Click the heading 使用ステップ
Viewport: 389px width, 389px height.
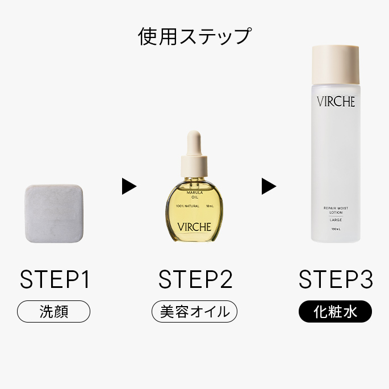[194, 36]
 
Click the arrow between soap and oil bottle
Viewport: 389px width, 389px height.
[129, 186]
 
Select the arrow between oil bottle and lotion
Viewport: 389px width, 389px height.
[269, 186]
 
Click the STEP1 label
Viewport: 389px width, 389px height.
[55, 279]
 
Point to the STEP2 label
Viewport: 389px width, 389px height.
[195, 279]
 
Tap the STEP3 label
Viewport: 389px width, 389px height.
[335, 279]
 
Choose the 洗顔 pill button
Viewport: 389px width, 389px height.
[55, 311]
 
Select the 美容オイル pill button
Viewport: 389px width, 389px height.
[194, 311]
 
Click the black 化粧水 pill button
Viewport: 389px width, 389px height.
[335, 311]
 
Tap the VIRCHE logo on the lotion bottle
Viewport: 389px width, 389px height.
[336, 102]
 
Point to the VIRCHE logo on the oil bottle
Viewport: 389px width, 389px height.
[194, 227]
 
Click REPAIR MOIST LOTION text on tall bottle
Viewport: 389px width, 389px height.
[336, 210]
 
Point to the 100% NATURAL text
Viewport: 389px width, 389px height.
[187, 206]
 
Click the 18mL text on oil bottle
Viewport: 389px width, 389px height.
[210, 206]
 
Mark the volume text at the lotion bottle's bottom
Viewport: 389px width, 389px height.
[336, 229]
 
